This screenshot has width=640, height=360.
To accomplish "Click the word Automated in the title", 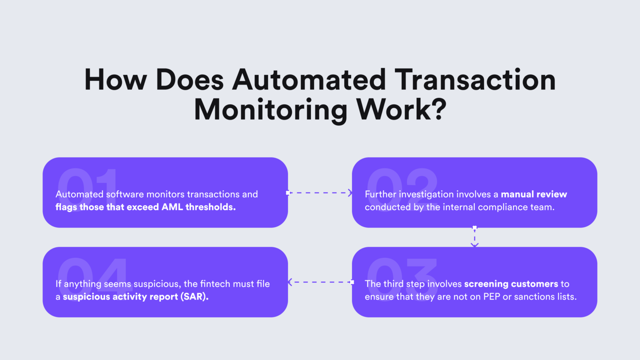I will pos(309,80).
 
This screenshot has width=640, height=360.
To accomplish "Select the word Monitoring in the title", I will pos(271,110).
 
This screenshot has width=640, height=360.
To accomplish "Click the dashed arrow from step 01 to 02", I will pos(320,193).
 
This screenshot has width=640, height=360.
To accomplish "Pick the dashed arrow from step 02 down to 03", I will pos(475,237).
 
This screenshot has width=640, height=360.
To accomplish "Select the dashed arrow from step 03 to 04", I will pos(320,282).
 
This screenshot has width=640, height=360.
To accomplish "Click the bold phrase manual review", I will pos(534,194).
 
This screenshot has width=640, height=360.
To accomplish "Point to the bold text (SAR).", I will pos(194,297).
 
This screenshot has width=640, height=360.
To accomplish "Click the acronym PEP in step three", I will pos(492,297).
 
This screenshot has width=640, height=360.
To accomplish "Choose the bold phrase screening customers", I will pos(511,284).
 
